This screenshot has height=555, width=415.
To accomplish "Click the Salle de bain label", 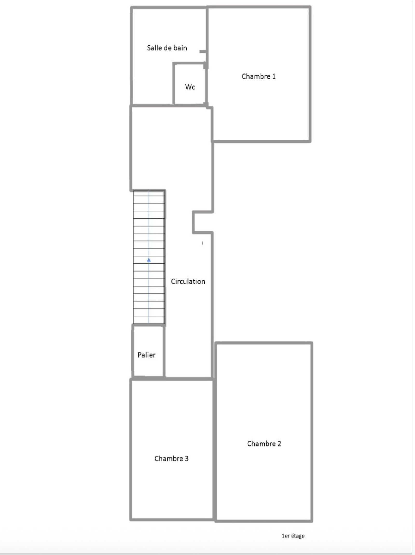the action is [x=167, y=48].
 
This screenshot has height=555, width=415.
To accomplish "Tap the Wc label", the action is [x=190, y=87].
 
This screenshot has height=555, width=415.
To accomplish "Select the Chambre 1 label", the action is [x=259, y=76].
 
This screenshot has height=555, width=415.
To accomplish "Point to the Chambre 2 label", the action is [x=264, y=444].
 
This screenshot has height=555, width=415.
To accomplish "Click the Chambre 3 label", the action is [x=171, y=459].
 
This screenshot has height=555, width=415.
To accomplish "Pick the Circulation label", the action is [x=188, y=281].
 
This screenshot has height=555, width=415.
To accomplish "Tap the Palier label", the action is [x=147, y=355].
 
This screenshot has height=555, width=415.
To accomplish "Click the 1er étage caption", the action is [x=293, y=536].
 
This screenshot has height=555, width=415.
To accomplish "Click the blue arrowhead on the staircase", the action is [x=149, y=260].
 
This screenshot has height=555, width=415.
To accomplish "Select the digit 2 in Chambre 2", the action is [x=279, y=444].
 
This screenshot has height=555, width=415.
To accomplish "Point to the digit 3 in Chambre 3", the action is [x=186, y=459].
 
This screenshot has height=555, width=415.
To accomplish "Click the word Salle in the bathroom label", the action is [x=153, y=48].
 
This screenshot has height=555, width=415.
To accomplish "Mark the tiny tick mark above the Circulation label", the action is [x=203, y=243].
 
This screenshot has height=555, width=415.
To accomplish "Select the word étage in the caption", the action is [x=298, y=536].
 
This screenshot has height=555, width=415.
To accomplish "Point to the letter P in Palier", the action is [x=140, y=355].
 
